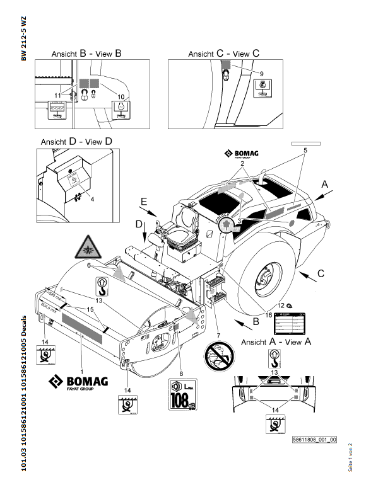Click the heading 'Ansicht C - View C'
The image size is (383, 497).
223,54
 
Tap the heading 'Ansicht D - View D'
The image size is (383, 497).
76,142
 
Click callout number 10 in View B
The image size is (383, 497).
122,96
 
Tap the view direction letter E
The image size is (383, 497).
144,202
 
